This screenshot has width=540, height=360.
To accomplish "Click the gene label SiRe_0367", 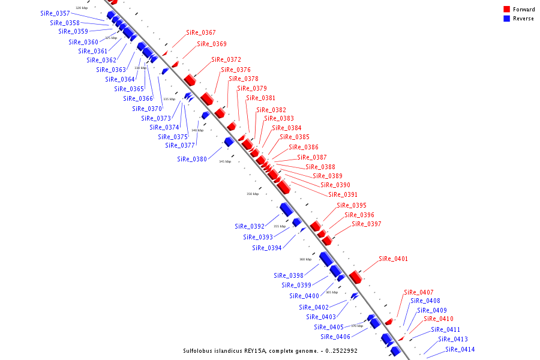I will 200,32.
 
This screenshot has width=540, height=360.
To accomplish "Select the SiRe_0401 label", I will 393,259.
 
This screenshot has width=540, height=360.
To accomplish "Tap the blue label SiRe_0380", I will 191,159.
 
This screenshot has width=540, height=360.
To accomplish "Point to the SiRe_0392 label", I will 249,226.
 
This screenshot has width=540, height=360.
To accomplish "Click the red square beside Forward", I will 506,10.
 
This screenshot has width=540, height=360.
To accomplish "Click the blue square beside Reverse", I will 506,19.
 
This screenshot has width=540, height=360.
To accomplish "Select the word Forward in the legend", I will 524,10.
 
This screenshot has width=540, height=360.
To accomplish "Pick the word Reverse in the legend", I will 523,19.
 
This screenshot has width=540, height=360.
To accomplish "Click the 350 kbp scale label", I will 253,194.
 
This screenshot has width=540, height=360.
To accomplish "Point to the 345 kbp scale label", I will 224,161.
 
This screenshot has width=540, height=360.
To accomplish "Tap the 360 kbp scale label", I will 305,259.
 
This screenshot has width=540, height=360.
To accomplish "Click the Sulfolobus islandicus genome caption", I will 270,350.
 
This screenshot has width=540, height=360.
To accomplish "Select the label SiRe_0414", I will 460,349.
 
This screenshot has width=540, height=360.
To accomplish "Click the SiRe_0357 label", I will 55,13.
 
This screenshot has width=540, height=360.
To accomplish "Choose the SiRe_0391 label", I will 343,194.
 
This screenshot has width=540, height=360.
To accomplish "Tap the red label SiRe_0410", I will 438,319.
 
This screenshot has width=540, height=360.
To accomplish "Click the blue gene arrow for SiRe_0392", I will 286,209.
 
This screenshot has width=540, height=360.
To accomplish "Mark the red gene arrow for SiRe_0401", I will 355,277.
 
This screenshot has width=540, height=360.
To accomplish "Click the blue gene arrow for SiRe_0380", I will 229,142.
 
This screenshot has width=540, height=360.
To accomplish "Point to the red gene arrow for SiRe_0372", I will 190,79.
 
